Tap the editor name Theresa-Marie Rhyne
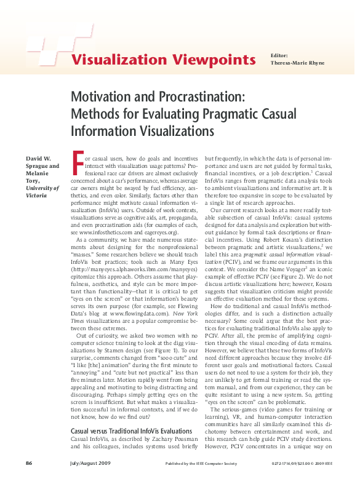click(x=296, y=63)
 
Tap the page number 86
click(x=28, y=462)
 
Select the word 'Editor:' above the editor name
click(x=279, y=55)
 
